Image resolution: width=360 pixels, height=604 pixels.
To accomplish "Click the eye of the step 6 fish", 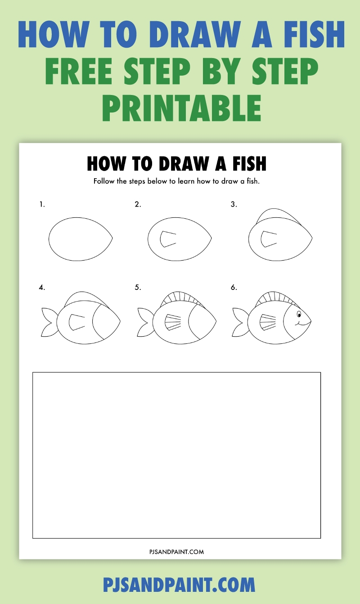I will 299,313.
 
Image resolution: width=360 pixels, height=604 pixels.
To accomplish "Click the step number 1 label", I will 42,204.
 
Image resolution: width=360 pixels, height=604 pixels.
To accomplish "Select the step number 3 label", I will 234,204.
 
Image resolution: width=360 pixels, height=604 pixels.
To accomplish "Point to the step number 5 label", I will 138,287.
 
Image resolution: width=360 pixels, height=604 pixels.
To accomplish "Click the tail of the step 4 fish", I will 48,322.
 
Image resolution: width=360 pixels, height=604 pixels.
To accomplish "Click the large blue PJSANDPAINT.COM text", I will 179,585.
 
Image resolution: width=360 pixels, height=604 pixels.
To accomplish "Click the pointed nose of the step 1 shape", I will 111,239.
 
